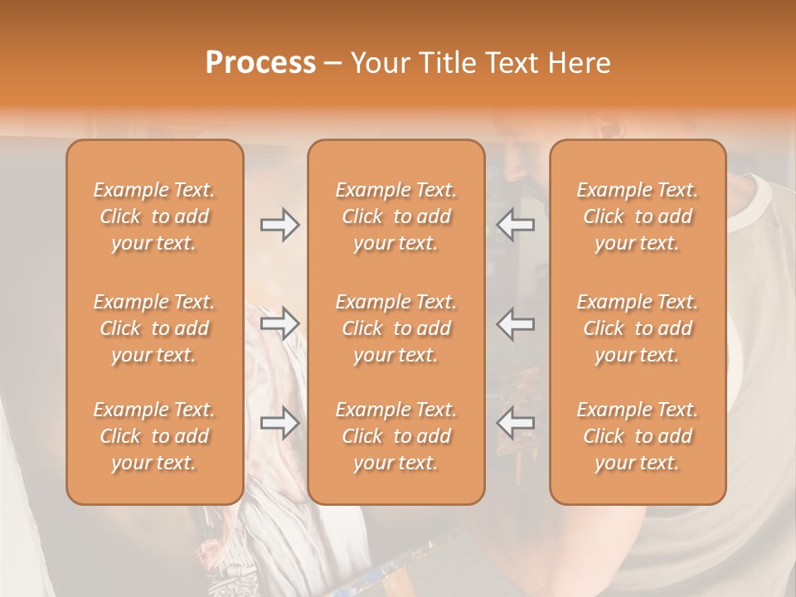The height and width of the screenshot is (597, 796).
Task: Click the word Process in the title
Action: click(x=260, y=62)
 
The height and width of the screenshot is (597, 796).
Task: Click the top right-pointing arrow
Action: click(x=279, y=225)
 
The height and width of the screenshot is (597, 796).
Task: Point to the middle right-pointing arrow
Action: click(x=279, y=323)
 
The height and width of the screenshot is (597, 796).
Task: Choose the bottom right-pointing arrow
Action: click(x=279, y=423)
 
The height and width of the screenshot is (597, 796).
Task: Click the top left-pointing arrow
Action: click(x=516, y=225)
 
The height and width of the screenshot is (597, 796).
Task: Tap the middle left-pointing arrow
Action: click(x=516, y=323)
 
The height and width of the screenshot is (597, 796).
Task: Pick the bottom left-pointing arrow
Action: click(x=516, y=423)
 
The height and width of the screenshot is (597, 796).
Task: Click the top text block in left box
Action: click(x=154, y=216)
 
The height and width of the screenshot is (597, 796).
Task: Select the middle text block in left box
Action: click(x=154, y=328)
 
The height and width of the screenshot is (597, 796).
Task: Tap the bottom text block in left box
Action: click(x=154, y=436)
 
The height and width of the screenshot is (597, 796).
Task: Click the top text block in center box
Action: click(x=396, y=216)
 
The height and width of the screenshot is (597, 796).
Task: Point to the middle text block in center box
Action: click(x=396, y=328)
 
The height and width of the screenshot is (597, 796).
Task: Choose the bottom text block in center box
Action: click(x=396, y=436)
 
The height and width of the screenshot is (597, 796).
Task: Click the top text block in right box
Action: click(x=638, y=216)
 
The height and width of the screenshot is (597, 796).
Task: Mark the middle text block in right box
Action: click(x=638, y=328)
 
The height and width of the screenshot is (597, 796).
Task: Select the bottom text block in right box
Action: click(x=638, y=436)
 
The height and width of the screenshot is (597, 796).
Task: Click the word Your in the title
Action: click(x=378, y=62)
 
